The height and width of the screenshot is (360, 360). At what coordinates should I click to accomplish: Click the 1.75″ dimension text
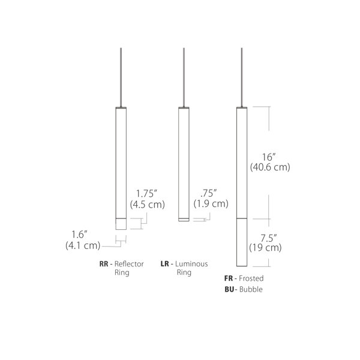[x=146, y=194]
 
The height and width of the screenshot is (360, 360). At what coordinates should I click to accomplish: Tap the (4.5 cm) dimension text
[x=148, y=205]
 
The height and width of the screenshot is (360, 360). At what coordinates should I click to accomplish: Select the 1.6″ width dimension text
[x=79, y=235]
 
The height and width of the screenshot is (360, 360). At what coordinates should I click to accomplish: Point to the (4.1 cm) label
[x=83, y=245]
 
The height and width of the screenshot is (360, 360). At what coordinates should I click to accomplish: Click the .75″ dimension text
[x=209, y=193]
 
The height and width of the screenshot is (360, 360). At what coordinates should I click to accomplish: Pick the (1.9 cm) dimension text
[x=211, y=203]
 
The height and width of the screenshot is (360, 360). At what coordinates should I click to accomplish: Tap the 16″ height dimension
[x=269, y=157]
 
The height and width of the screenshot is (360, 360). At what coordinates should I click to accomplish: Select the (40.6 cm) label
[x=270, y=167]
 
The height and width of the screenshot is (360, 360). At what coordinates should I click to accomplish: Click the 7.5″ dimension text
[x=269, y=238]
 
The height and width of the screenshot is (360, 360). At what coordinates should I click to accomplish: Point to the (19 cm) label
[x=265, y=248]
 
